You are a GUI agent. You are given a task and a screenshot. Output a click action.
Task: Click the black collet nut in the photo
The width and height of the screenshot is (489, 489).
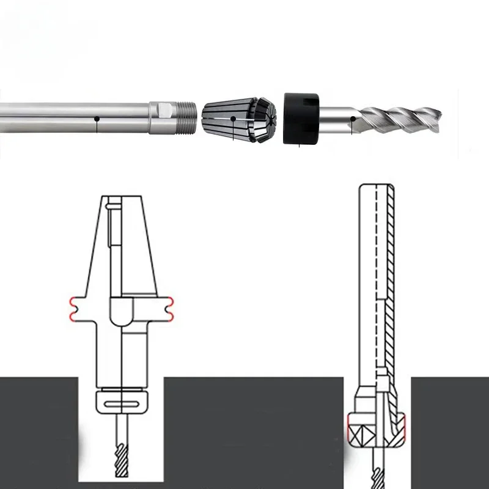(x=301, y=118)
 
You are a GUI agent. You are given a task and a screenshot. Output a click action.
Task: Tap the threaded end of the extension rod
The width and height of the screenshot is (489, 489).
(x=185, y=117)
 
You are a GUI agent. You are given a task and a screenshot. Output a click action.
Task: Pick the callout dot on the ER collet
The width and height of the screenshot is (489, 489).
(x=233, y=118)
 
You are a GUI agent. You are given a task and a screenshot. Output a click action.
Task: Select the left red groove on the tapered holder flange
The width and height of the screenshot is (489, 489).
(x=74, y=309)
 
